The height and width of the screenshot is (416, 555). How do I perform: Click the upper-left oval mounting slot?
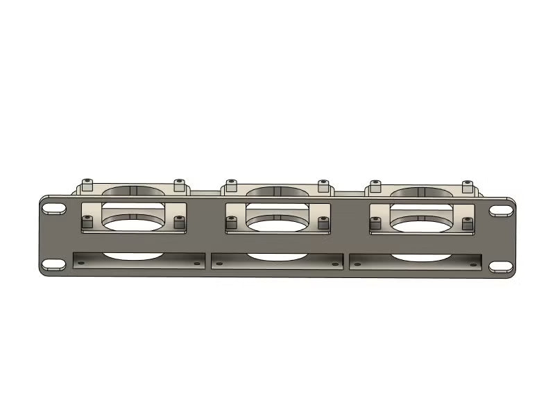pyautogui.click(x=54, y=208)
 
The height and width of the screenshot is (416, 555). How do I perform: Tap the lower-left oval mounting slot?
pyautogui.click(x=52, y=265)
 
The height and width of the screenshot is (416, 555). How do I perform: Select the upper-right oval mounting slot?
pyautogui.click(x=500, y=209)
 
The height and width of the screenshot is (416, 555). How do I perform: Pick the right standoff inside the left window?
pyautogui.click(x=179, y=221)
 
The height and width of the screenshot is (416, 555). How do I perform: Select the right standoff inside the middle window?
pyautogui.click(x=323, y=222)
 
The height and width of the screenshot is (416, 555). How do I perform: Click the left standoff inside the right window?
pyautogui.click(x=375, y=222)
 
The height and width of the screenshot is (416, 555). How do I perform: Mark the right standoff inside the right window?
pyautogui.click(x=467, y=222)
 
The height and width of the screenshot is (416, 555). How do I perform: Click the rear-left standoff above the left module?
pyautogui.click(x=87, y=185)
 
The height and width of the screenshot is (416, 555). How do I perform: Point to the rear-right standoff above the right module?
pyautogui.click(x=468, y=187)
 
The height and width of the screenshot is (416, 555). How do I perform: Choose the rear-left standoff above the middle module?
pyautogui.click(x=231, y=186)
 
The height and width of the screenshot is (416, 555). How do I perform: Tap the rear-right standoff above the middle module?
pyautogui.click(x=323, y=186)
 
